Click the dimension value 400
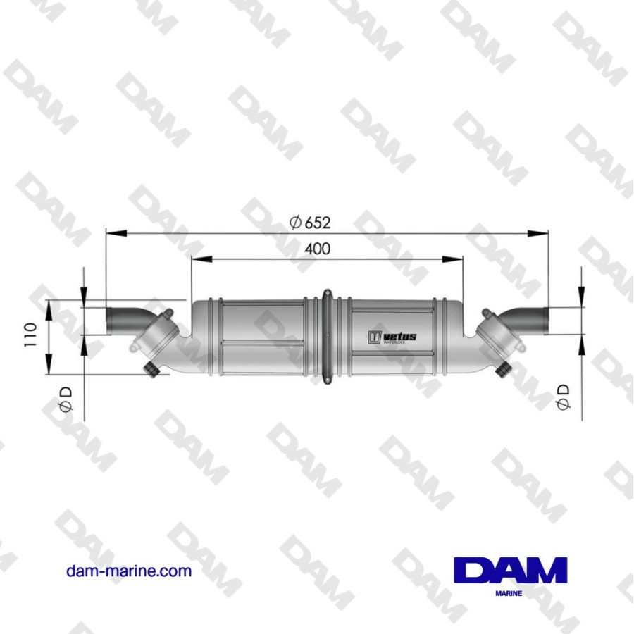pos(317,249)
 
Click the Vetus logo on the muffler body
pos(392,337)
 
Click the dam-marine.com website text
pos(129,571)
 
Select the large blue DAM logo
pos(511,571)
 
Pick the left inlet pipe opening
pos(109,323)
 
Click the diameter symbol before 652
pos(296,223)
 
